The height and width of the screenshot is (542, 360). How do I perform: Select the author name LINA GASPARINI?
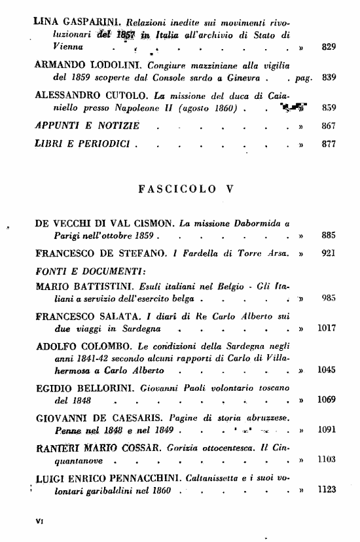pyautogui.click(x=71, y=22)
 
